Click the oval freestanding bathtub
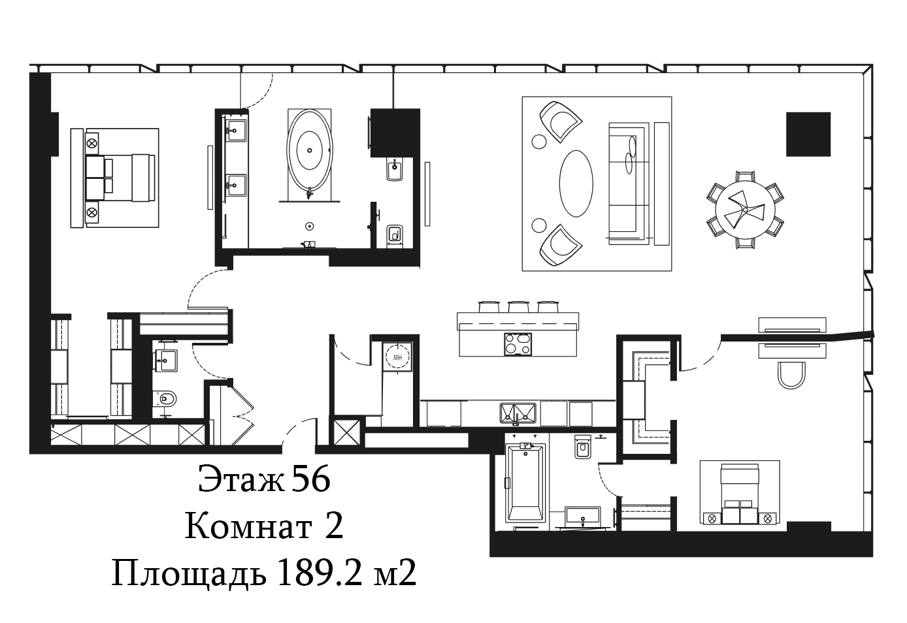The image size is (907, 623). (310, 150)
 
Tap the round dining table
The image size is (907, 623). (745, 210)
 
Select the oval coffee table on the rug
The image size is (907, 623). (576, 184)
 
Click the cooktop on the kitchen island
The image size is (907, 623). (518, 344)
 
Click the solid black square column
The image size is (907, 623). (808, 135)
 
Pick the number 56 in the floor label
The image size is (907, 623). (311, 480)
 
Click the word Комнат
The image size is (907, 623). (248, 527)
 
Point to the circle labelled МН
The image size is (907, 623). (397, 357)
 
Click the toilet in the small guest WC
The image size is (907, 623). (165, 399)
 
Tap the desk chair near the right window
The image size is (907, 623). (791, 375)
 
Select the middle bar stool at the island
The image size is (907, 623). (519, 306)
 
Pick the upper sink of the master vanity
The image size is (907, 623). (236, 131)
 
